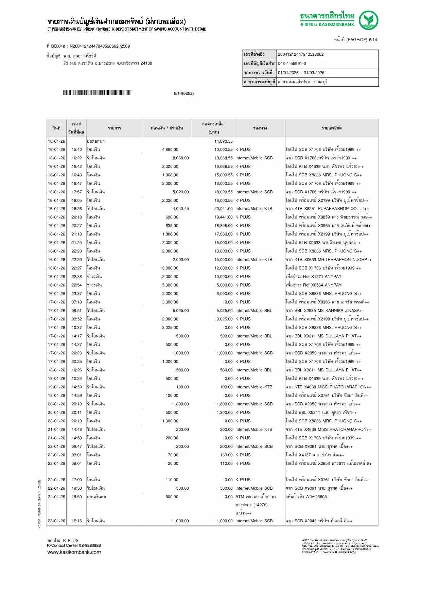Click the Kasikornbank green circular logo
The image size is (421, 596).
[x=369, y=20]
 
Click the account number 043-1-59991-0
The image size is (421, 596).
[x=292, y=64]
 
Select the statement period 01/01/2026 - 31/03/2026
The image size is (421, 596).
[x=301, y=73]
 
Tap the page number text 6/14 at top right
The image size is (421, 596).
[x=373, y=40]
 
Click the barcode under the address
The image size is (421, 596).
[x=97, y=93]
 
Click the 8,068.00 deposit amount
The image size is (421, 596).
[x=180, y=158]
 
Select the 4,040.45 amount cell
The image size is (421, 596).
[x=180, y=209]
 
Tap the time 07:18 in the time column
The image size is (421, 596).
[x=76, y=302]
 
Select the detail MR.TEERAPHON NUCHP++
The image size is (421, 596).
[x=341, y=260]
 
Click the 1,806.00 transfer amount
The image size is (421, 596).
[x=170, y=234]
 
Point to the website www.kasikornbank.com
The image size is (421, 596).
[x=74, y=552]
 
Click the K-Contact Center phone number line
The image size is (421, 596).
[x=74, y=545]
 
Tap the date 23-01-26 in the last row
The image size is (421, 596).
[x=56, y=521]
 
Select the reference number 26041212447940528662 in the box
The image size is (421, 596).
[x=301, y=54]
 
